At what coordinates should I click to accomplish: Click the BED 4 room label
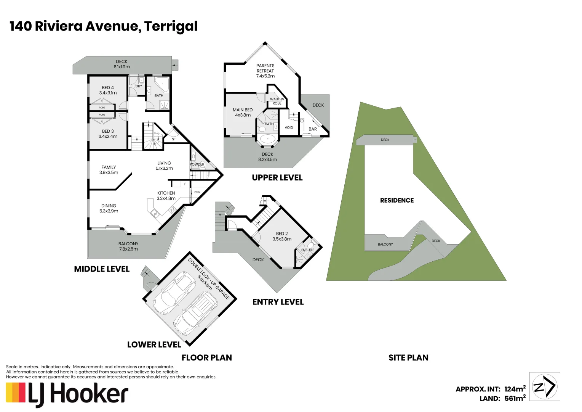108,90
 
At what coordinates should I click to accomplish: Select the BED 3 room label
108,134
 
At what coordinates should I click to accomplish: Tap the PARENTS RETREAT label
265,71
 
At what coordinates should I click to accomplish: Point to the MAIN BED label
243,112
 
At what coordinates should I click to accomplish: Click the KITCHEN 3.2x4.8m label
166,195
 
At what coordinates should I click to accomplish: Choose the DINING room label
109,208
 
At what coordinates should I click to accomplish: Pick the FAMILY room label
109,169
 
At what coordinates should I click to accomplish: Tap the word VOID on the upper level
289,127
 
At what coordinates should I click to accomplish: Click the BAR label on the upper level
313,129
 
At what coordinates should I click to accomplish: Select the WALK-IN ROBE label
277,101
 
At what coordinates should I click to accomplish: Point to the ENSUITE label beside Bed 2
307,250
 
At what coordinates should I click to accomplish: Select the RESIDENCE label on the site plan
397,200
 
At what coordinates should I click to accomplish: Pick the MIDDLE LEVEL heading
102,269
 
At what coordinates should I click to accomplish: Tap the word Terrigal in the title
171,26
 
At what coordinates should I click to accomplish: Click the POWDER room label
197,164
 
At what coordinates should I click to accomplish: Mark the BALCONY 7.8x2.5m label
128,246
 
